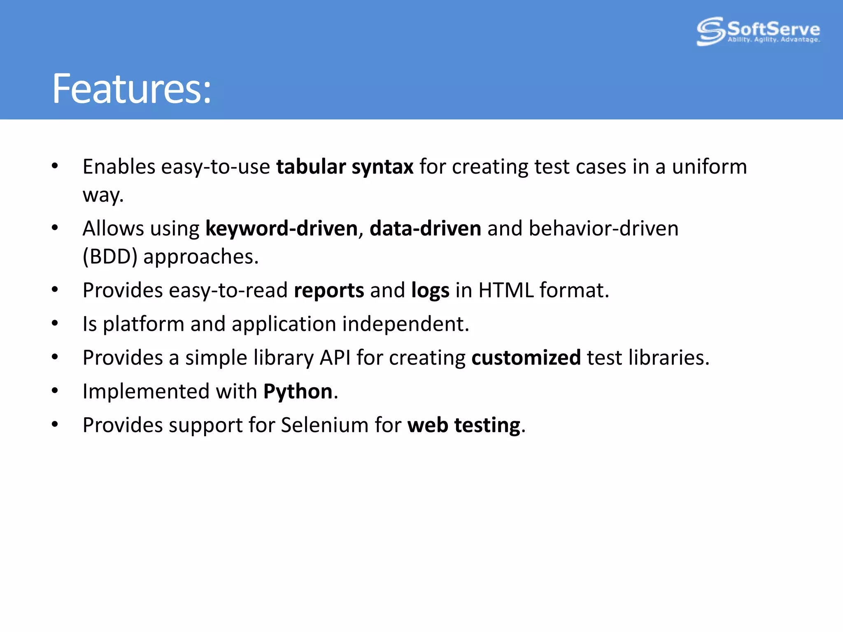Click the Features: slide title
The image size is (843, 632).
pyautogui.click(x=131, y=88)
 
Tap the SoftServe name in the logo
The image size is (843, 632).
pyautogui.click(x=773, y=29)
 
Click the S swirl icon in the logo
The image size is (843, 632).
pyautogui.click(x=710, y=31)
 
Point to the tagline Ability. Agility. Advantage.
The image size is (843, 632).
pyautogui.click(x=773, y=40)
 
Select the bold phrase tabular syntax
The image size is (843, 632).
pyautogui.click(x=345, y=167)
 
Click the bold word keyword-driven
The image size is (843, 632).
pyautogui.click(x=282, y=229)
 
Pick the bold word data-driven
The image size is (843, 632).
pyautogui.click(x=425, y=229)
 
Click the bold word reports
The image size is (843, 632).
pyautogui.click(x=328, y=290)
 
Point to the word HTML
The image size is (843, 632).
pyautogui.click(x=506, y=290)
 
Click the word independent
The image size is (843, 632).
pyautogui.click(x=405, y=324)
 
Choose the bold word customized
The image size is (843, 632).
pyautogui.click(x=526, y=358)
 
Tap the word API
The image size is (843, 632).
pyautogui.click(x=335, y=358)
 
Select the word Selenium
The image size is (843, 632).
pyautogui.click(x=324, y=425)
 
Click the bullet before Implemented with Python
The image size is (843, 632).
pyautogui.click(x=55, y=390)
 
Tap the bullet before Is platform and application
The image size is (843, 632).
pyautogui.click(x=55, y=323)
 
